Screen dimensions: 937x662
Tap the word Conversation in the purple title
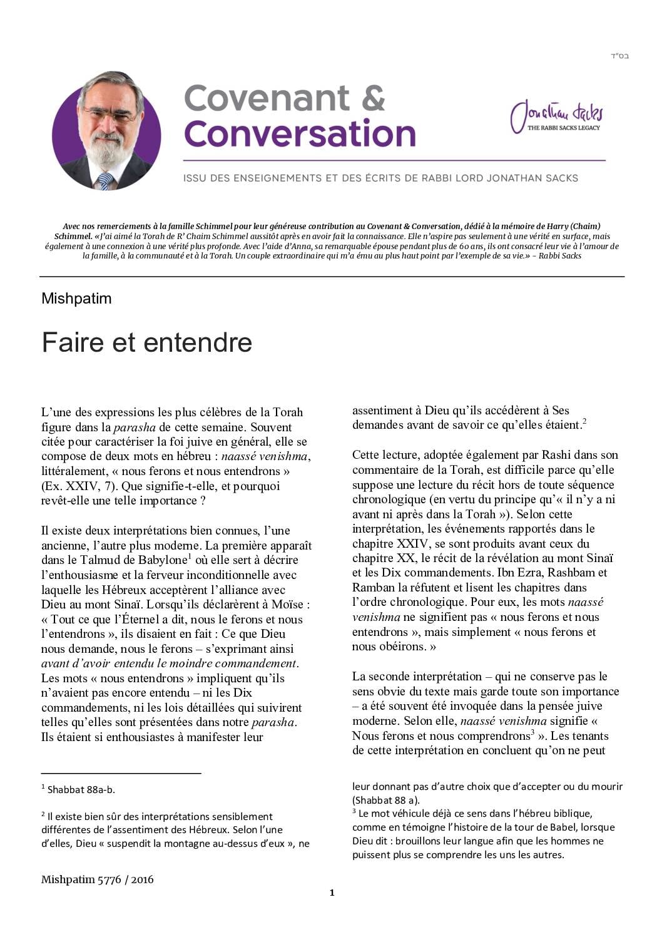tap(300, 133)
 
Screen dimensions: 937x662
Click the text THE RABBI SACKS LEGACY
tap(563, 128)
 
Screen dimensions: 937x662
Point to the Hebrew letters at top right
tap(619, 56)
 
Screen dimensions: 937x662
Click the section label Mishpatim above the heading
tap(76, 299)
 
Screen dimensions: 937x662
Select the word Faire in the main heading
tap(69, 342)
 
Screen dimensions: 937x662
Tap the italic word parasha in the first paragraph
tap(134, 428)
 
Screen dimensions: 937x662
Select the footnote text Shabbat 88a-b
tap(81, 790)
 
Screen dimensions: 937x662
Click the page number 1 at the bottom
tap(332, 893)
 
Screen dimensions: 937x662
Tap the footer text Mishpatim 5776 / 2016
tap(98, 879)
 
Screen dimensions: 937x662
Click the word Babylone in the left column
tap(164, 560)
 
